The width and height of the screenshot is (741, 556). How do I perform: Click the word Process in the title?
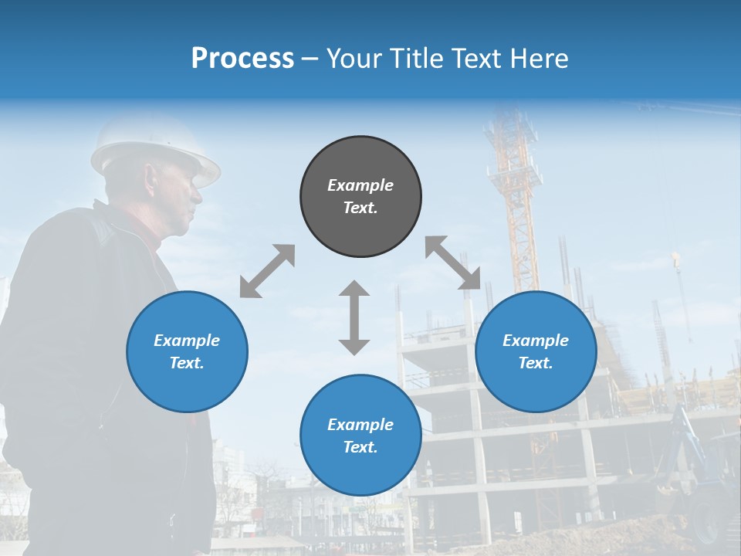242,59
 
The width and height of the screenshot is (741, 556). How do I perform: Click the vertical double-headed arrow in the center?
354,317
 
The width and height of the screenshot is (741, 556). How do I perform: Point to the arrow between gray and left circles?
267,271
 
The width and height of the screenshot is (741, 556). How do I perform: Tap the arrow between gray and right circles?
453,263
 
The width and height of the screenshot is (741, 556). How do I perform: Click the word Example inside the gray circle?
360,185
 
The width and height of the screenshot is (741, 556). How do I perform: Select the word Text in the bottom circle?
360,447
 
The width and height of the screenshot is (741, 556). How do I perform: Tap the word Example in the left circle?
187,341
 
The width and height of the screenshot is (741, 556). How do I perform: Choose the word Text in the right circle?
535,363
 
